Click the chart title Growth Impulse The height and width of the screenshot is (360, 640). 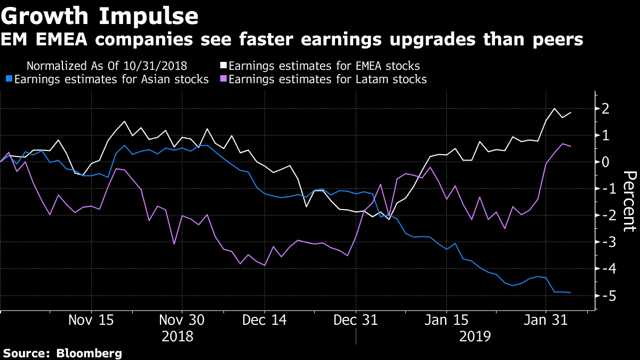point(100,16)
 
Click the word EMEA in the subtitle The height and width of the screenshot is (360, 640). point(58,39)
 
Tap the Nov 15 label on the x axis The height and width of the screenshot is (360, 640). point(92,321)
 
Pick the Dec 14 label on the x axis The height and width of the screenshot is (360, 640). point(265,321)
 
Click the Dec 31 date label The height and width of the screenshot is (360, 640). point(356,321)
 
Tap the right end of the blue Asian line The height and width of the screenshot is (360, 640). point(571,292)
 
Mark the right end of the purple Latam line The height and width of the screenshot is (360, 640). point(571,146)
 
